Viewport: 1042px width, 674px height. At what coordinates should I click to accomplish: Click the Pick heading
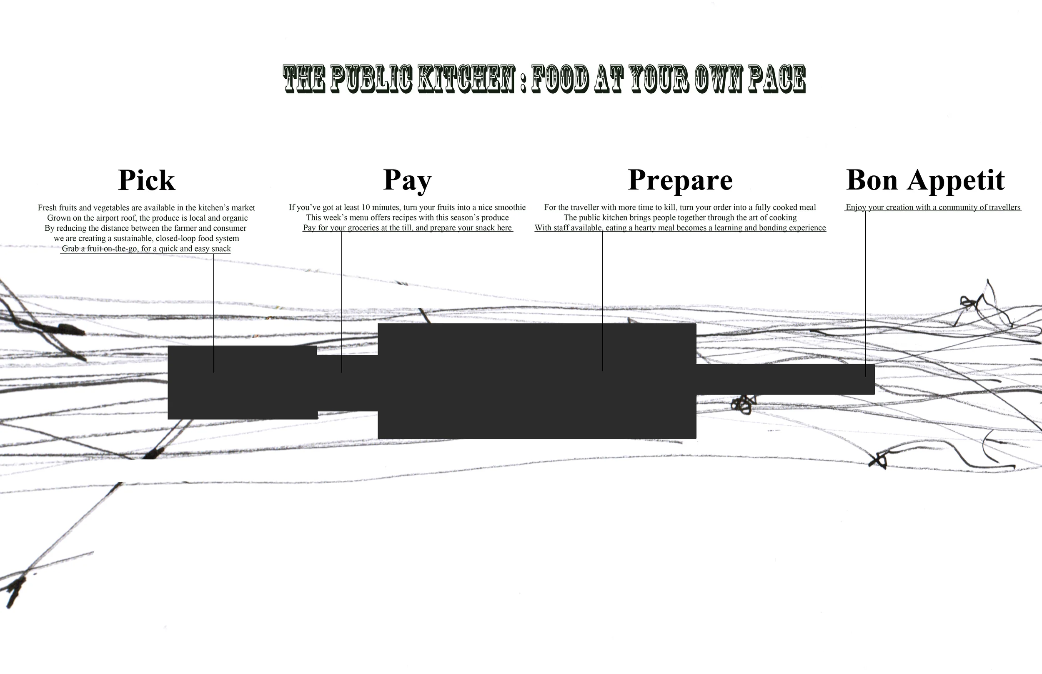point(147,180)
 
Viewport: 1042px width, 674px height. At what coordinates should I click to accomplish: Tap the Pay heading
point(407,180)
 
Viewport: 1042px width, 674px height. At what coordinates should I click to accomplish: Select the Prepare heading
point(680,180)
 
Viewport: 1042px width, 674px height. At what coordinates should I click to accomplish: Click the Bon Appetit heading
point(925,180)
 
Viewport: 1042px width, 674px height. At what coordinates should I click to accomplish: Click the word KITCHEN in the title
point(466,79)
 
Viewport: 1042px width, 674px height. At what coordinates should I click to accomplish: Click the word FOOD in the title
point(561,79)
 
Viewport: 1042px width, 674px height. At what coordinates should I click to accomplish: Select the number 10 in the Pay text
point(366,207)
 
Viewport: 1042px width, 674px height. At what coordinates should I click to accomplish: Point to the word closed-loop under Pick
point(175,239)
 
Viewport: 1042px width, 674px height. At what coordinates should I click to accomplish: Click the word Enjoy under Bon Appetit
point(856,207)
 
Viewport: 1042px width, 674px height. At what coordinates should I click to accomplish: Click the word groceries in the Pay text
point(363,228)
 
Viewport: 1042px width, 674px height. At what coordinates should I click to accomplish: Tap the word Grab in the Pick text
point(70,249)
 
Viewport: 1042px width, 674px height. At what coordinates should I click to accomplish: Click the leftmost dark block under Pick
point(242,383)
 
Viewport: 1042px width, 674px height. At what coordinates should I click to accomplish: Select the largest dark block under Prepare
point(537,381)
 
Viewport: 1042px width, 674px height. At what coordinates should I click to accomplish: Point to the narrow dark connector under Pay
point(347,383)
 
